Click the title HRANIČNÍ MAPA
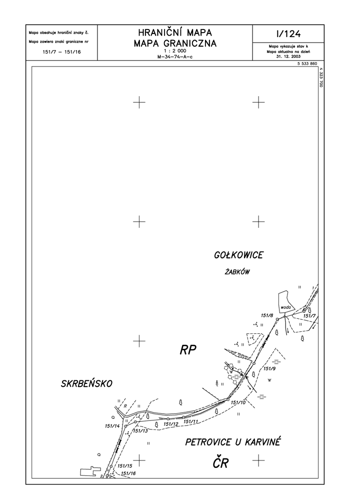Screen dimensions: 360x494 point(175,33)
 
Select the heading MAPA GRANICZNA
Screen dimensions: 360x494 point(175,43)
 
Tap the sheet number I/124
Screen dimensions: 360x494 point(288,34)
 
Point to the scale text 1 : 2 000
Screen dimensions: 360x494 point(175,51)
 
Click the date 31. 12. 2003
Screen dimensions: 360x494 point(288,57)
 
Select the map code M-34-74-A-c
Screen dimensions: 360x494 point(175,57)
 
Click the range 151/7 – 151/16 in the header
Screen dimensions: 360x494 point(61,52)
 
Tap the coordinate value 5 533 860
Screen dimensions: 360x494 point(307,64)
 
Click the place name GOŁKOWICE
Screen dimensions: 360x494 point(238,255)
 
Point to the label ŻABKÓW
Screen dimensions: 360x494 point(237,272)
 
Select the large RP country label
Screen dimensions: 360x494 point(188,350)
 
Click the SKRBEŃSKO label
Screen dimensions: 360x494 point(86,383)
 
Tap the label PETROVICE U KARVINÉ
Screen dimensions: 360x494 point(232,442)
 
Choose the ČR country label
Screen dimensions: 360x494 point(220,463)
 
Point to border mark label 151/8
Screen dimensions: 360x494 point(267,315)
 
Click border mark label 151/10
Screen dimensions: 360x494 point(238,402)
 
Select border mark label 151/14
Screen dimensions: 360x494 point(112,426)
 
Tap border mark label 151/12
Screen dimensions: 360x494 point(171,424)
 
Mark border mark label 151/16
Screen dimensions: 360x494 point(128,473)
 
